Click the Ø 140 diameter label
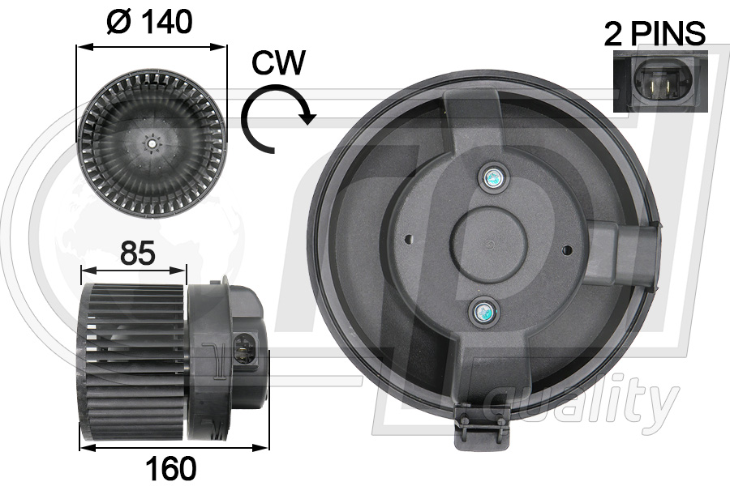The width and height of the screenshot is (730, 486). point(150,22)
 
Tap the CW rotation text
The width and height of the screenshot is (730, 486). point(278,62)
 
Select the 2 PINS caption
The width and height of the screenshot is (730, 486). point(655,34)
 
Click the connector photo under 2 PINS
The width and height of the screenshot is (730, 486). point(659,81)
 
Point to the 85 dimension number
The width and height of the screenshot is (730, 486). point(139,254)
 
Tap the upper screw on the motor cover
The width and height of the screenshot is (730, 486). point(492,177)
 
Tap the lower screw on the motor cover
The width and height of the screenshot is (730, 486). point(485,310)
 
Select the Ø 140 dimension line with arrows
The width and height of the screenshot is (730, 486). point(151,46)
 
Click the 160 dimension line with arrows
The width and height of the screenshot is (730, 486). point(174,446)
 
